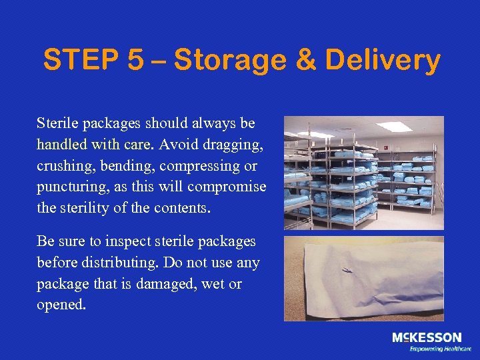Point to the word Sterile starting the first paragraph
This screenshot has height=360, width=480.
[57, 123]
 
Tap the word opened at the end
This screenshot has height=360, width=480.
[61, 305]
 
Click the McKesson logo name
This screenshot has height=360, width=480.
[426, 338]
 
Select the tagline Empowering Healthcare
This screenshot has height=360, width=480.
[440, 349]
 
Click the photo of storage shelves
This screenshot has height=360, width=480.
[363, 173]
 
